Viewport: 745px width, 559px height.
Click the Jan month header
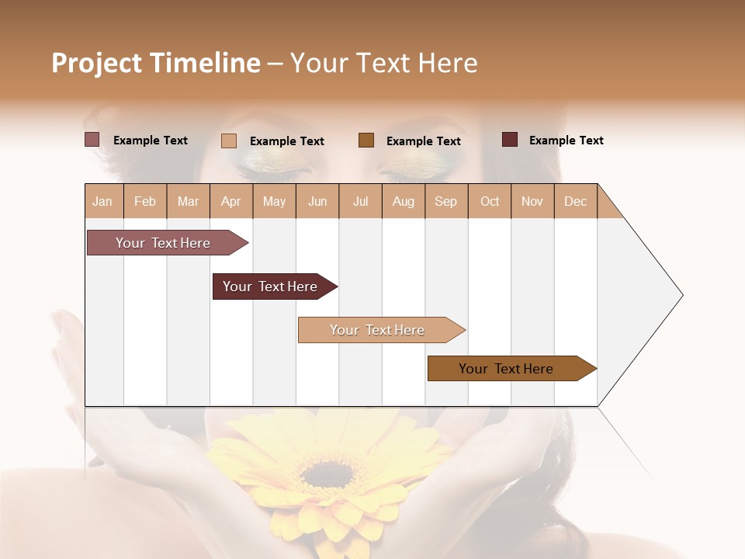point(102,201)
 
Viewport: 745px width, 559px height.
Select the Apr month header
point(230,201)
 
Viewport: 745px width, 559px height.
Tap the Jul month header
point(360,201)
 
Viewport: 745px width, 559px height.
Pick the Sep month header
point(445,201)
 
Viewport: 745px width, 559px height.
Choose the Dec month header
point(575,201)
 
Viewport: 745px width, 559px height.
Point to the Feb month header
point(145,201)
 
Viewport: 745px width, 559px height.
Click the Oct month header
point(490,201)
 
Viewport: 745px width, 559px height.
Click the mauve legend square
point(92,140)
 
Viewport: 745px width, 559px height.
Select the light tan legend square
point(229,141)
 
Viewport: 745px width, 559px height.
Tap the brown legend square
point(366,140)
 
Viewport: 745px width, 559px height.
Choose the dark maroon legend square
point(510,140)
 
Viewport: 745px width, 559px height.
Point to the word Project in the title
point(97,63)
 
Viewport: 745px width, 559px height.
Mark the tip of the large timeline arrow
point(681,295)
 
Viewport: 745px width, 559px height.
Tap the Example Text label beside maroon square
point(566,141)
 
